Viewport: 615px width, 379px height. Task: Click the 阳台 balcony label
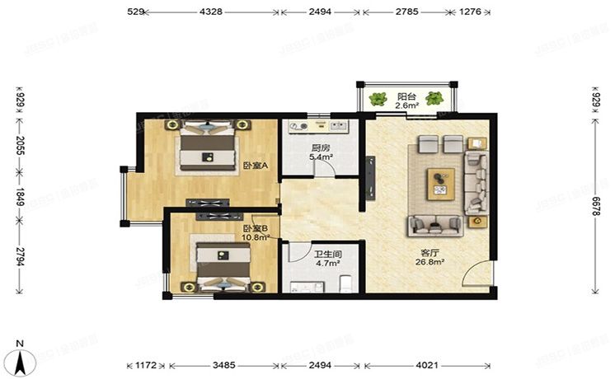(406, 95)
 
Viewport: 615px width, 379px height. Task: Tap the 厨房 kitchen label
(320, 147)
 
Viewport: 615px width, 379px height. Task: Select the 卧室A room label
(254, 166)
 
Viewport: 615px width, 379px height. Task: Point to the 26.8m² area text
(430, 263)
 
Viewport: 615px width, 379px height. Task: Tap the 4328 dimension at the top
(214, 12)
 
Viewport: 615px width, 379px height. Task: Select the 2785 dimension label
(406, 12)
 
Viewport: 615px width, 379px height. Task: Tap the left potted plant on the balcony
(378, 100)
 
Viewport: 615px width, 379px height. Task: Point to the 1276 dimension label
(470, 12)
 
